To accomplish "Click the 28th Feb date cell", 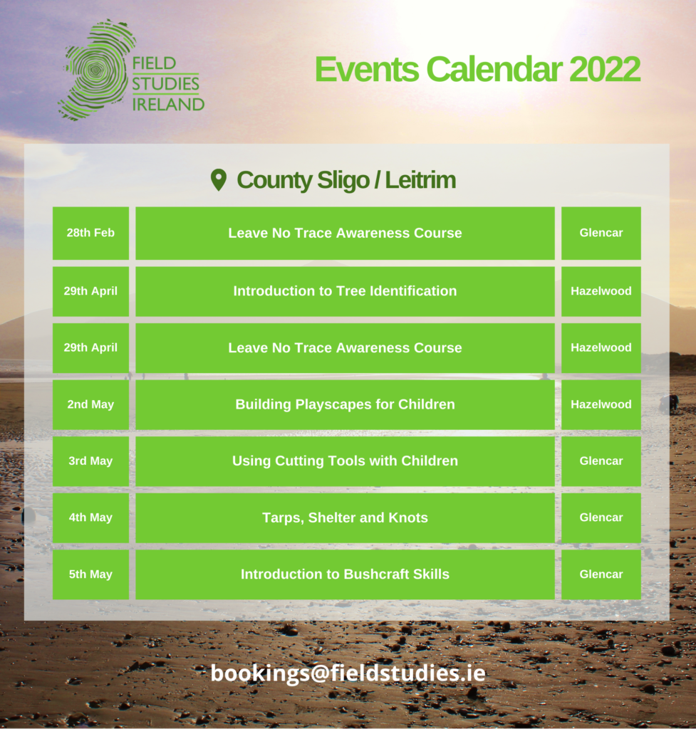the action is [x=90, y=233].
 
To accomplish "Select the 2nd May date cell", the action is [x=90, y=404].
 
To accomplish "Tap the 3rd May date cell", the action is [x=90, y=461].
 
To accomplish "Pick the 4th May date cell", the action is [x=90, y=518].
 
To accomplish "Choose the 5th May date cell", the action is [x=90, y=575].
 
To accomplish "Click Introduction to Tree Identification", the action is [x=345, y=291].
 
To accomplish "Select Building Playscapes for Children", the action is [x=345, y=404].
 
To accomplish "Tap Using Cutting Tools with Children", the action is [x=345, y=461].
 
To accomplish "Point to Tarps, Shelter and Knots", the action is [x=345, y=518].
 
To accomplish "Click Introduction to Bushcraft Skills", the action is [x=345, y=575].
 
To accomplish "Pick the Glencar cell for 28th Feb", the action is [x=601, y=233].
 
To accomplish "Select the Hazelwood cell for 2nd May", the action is [x=601, y=404].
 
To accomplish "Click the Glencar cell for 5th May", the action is [x=601, y=575].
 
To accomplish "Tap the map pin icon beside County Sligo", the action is [x=218, y=179].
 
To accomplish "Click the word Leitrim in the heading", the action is [x=420, y=180].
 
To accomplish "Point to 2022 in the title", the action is [x=604, y=69].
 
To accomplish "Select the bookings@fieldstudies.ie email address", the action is [x=348, y=673].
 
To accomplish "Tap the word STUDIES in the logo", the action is [x=165, y=84].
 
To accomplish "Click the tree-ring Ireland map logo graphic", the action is [x=97, y=70].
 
